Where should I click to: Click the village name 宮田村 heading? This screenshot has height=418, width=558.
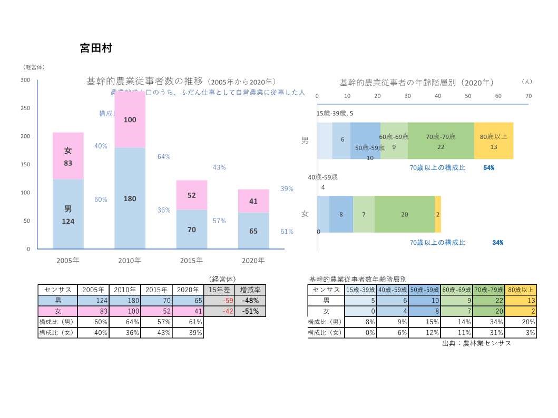tap(95, 48)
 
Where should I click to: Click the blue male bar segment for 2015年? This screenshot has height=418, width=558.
tap(191, 230)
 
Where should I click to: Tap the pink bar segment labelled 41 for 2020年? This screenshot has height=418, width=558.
tap(253, 201)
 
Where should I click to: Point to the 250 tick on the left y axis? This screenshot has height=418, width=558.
tap(25, 108)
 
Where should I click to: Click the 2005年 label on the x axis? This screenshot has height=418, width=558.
tap(68, 260)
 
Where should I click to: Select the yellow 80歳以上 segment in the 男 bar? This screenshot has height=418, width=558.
tap(493, 141)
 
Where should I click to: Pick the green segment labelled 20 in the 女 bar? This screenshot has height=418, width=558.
tap(404, 214)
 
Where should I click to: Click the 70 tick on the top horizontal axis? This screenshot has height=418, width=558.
tap(528, 96)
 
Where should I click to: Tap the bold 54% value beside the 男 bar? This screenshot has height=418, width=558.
tap(488, 167)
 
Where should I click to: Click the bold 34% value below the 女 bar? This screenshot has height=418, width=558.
tap(497, 243)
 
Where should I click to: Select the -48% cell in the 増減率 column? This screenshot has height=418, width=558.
tap(250, 301)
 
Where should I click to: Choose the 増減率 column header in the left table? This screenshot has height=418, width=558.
tap(250, 290)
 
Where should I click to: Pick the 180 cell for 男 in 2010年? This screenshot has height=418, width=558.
tap(125, 301)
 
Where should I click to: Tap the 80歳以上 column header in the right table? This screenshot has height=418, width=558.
tap(521, 290)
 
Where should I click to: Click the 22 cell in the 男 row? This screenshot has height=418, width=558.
tap(488, 301)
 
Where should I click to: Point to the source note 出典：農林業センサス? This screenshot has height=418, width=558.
tap(476, 343)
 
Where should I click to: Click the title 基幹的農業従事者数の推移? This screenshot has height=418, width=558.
tap(144, 81)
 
